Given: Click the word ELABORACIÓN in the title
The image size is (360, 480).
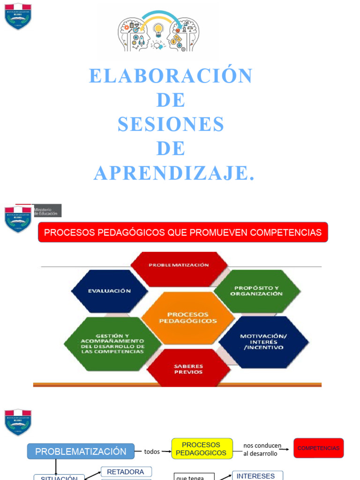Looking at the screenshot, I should pos(171,76).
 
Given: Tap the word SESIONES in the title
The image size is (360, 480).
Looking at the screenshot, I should pos(171,124).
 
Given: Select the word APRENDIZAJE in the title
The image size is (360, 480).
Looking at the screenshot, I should pos(174,173).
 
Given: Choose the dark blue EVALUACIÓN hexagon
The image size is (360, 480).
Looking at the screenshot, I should pos(109,291).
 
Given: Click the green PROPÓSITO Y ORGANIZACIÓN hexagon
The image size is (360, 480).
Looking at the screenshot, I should pos(256,291).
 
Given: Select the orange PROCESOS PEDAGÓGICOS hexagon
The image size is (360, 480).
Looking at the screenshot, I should pos(187,318).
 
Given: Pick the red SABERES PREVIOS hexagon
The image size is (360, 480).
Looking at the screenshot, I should pos(188,369).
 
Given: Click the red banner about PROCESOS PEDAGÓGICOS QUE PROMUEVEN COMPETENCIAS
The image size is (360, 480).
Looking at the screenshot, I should pos(182,232).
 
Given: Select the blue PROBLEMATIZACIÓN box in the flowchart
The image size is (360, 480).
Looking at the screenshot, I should pos(81,451).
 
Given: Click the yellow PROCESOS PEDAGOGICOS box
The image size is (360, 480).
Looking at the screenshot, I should pos(202,449).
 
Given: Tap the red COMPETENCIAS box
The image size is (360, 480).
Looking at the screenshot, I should pos(318,448).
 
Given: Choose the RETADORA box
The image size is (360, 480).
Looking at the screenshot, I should pos(126,472).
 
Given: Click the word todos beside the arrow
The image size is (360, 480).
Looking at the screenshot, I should pos(152,451).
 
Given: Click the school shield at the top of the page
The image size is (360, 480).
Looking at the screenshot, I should pos(18,16).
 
